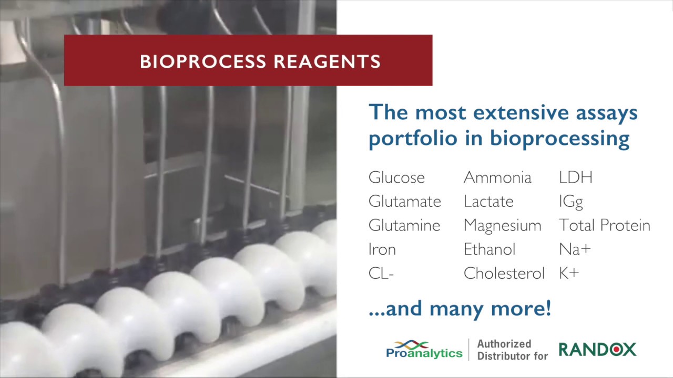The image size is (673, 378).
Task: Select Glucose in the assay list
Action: click(x=396, y=177)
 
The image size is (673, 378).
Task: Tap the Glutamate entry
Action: click(x=404, y=202)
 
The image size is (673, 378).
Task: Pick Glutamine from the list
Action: click(x=404, y=226)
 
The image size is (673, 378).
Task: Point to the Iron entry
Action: click(x=382, y=249)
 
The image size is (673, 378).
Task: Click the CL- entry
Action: click(x=381, y=274)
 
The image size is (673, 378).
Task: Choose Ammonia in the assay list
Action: click(x=497, y=177)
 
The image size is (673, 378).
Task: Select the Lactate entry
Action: click(x=488, y=202)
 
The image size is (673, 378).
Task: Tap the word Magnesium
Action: click(x=502, y=226)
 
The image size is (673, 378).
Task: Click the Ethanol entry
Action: click(x=489, y=249)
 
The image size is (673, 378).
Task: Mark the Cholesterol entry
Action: click(x=504, y=274)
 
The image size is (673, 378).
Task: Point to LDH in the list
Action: click(x=575, y=177)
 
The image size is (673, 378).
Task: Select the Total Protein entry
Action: click(x=604, y=226)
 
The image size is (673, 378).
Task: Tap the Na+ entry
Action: click(x=575, y=249)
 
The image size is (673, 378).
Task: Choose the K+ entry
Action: click(x=568, y=274)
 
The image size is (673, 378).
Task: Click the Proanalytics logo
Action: click(x=424, y=349)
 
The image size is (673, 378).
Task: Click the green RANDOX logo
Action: click(x=597, y=349)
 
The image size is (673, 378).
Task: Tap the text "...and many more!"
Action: click(x=460, y=308)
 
